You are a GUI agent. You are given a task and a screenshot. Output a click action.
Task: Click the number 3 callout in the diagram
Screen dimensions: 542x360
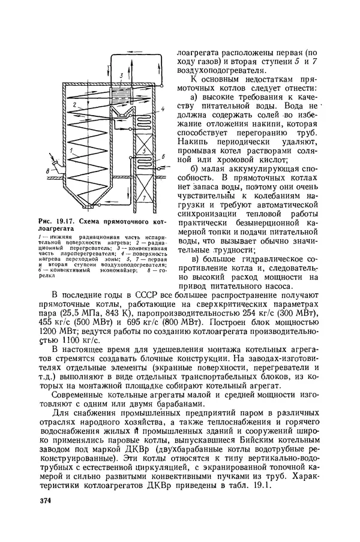[121, 75]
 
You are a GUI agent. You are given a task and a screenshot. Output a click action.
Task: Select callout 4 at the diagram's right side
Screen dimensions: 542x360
[162, 110]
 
